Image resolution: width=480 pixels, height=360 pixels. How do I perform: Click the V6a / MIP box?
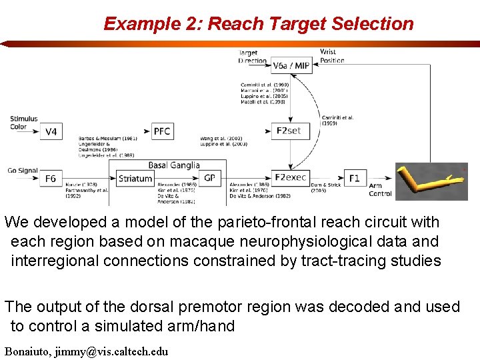click(291, 65)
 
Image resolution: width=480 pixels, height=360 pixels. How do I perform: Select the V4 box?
click(51, 131)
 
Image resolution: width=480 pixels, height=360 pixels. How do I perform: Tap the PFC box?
click(162, 131)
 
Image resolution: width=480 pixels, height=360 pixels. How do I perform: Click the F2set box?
click(289, 131)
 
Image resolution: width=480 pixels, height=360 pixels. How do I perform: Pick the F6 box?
click(51, 178)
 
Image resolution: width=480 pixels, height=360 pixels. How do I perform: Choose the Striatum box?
click(135, 178)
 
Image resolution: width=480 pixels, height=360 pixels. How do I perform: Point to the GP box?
click(209, 178)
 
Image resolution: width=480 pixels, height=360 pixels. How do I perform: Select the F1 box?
click(354, 178)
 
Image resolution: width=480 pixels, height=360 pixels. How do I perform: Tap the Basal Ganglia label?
click(173, 165)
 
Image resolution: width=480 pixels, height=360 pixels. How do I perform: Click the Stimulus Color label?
click(24, 123)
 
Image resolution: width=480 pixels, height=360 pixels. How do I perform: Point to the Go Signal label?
click(23, 171)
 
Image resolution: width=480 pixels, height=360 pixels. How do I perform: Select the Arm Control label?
click(380, 190)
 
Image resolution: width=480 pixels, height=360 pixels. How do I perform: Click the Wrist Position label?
click(331, 56)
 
